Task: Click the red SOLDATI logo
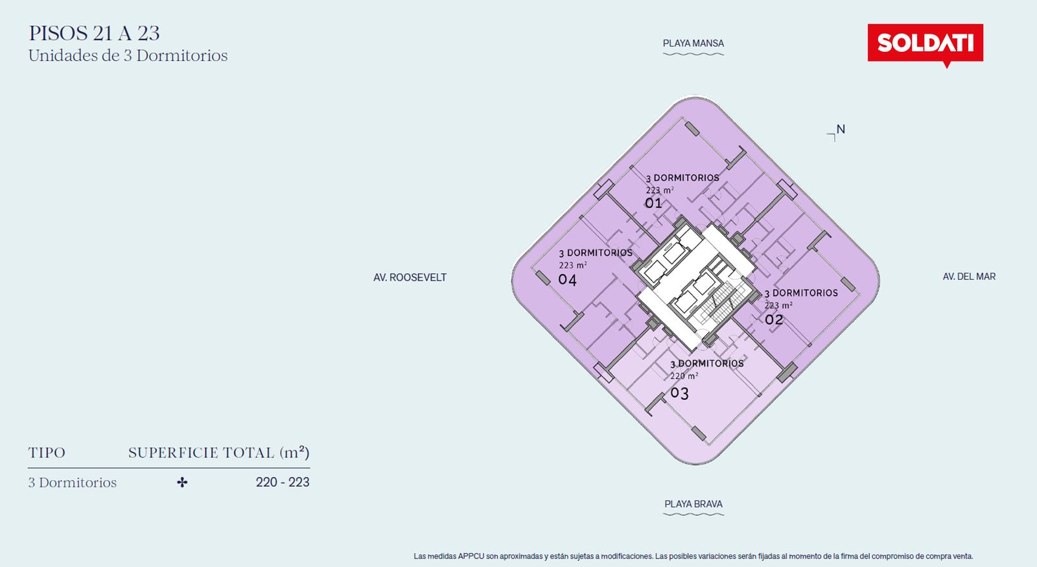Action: pos(925,43)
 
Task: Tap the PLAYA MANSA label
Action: pos(693,43)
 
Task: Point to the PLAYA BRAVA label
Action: pos(693,503)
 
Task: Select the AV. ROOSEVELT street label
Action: pos(410,277)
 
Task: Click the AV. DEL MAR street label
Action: pos(969,276)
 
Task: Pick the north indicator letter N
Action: pos(841,129)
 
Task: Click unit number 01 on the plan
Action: pos(653,203)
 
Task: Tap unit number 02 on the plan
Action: pos(774,319)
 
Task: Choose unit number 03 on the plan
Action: pos(680,393)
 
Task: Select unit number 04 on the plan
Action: pos(567,279)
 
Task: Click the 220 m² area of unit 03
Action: pos(684,376)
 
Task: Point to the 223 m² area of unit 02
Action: pos(778,305)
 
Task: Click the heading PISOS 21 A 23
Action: pos(94,33)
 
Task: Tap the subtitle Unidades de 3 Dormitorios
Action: pos(128,56)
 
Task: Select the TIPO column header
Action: pos(46,453)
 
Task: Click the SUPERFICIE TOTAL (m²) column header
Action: pos(218,452)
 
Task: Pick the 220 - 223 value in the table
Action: pos(283,482)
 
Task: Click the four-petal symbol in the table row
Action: pos(182,482)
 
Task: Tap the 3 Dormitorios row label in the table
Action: pos(72,482)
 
